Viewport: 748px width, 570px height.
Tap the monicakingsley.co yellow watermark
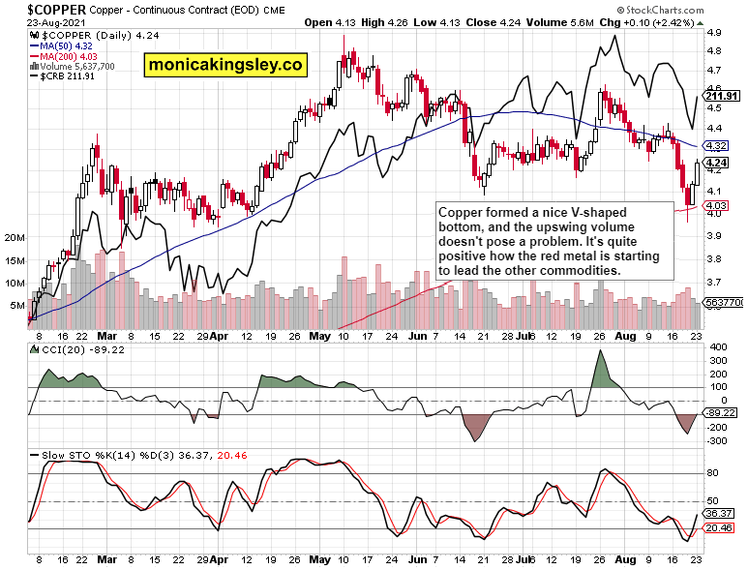click(x=225, y=65)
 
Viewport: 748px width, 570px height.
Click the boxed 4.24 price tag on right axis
click(x=717, y=163)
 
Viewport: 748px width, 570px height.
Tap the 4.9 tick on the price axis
click(x=715, y=32)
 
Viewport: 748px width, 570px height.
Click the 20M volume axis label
click(x=15, y=237)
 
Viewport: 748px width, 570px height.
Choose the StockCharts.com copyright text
click(x=694, y=8)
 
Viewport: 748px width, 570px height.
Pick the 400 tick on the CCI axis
click(x=717, y=346)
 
